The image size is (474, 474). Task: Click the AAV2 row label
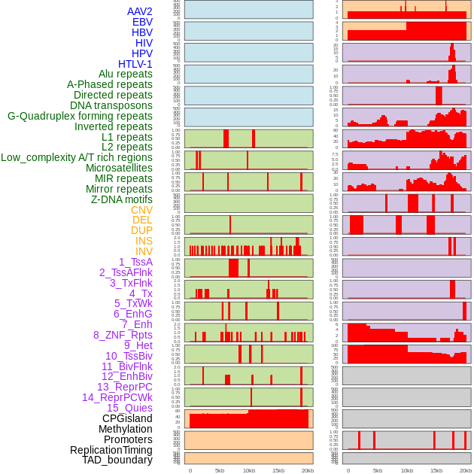[x=140, y=11]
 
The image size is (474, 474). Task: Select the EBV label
[x=142, y=22]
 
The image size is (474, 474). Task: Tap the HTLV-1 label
[x=135, y=64]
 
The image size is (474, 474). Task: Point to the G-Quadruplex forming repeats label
[x=80, y=116]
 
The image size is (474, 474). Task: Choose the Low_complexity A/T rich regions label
[x=77, y=157]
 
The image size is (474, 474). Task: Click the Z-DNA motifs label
[x=122, y=199]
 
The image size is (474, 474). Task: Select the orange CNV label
[x=141, y=210]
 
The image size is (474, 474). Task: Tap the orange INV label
[x=144, y=251]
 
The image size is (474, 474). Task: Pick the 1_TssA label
[x=135, y=262]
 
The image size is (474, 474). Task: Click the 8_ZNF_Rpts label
[x=123, y=335]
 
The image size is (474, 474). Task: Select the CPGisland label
[x=127, y=418]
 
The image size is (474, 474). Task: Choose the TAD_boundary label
[x=117, y=460]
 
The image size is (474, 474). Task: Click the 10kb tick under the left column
[x=249, y=470]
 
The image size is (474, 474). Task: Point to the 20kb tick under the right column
[x=466, y=470]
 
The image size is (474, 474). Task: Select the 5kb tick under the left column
[x=220, y=470]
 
